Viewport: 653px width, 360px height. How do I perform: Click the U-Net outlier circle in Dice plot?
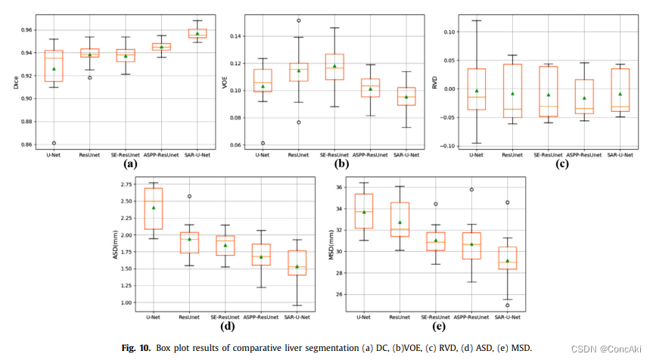pos(54,143)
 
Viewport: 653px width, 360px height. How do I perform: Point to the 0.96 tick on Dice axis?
pos(28,30)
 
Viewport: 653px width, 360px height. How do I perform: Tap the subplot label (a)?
pos(130,163)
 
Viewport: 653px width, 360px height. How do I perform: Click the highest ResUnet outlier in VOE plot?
pos(298,20)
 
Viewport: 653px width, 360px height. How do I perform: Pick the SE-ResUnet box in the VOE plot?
pos(334,67)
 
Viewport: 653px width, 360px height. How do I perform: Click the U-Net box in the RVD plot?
pos(476,89)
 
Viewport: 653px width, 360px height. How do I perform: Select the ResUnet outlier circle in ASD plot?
pos(189,196)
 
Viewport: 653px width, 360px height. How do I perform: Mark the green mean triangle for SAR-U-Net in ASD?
pos(297,266)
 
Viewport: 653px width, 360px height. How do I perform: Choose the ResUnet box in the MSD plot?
pos(400,219)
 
